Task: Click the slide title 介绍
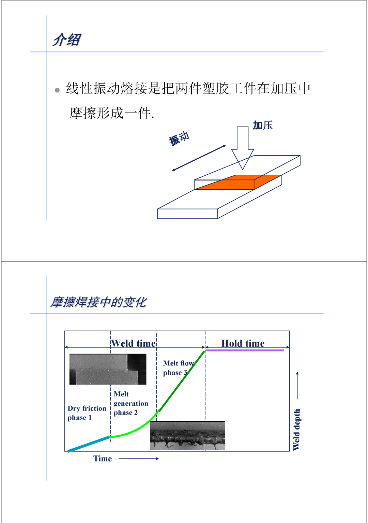(x=67, y=40)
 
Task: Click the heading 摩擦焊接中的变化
(x=98, y=302)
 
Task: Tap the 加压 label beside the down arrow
(x=263, y=126)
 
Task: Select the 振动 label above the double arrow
(x=179, y=139)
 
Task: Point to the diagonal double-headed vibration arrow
(x=199, y=158)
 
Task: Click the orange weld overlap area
(x=238, y=182)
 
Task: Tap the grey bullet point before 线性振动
(x=57, y=90)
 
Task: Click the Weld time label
(x=133, y=343)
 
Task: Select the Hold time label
(x=243, y=343)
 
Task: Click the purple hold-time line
(x=245, y=350)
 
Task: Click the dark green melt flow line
(x=182, y=381)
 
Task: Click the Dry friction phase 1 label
(x=87, y=413)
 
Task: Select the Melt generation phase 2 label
(x=131, y=403)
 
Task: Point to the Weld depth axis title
(x=296, y=430)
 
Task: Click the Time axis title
(x=103, y=459)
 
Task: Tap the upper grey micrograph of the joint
(x=108, y=369)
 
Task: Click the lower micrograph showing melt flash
(x=187, y=436)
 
